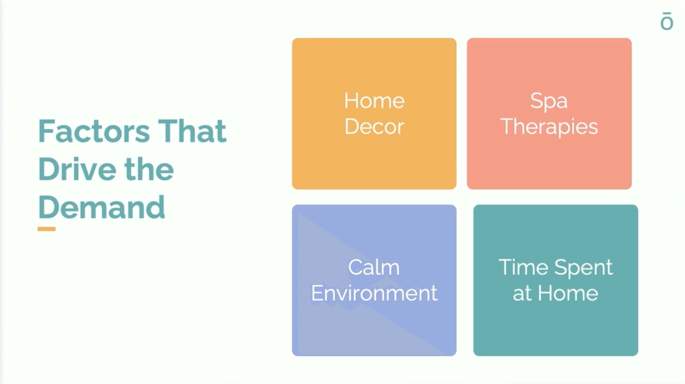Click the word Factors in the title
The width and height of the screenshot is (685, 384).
click(x=94, y=131)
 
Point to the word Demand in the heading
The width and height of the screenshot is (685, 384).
click(x=102, y=207)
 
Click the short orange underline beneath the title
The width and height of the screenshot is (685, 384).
click(x=47, y=229)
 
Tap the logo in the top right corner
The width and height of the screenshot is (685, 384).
click(x=667, y=21)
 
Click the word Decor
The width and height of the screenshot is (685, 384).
click(x=374, y=126)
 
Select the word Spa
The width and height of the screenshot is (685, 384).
click(x=549, y=101)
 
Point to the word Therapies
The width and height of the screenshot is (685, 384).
click(x=549, y=127)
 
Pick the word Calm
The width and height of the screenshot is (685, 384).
click(x=374, y=267)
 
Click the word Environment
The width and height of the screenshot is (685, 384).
click(x=374, y=293)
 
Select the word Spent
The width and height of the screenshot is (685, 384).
click(x=583, y=268)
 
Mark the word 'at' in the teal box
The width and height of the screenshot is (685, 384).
click(x=522, y=294)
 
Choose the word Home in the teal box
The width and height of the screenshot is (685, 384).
click(x=568, y=293)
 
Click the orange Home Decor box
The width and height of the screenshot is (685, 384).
click(x=374, y=114)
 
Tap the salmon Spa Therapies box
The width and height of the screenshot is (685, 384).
click(x=549, y=114)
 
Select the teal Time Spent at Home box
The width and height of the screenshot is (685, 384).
click(x=556, y=280)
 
